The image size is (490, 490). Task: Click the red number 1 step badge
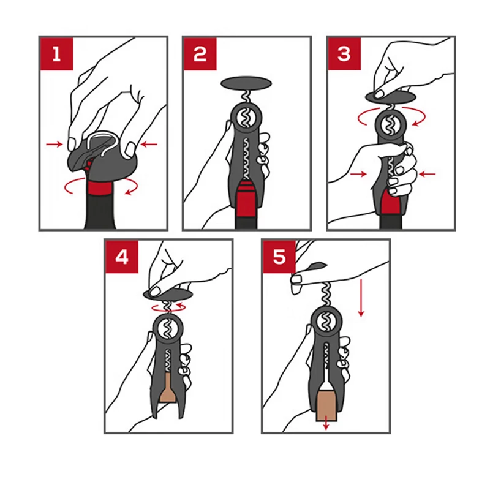click(x=56, y=54)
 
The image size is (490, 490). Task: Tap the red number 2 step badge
click(x=200, y=54)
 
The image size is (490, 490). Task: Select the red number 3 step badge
click(x=344, y=54)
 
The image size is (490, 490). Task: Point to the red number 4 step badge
click(x=122, y=257)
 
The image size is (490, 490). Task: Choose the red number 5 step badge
click(x=279, y=257)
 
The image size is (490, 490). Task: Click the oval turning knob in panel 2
click(x=246, y=83)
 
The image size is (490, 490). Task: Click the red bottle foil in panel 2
click(x=246, y=199)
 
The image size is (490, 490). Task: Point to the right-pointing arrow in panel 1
click(x=55, y=144)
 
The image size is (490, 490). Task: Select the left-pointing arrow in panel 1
click(x=149, y=144)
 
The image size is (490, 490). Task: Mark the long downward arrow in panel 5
click(x=361, y=298)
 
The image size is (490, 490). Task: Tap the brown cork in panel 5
click(x=326, y=405)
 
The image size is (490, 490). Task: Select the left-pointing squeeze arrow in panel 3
click(x=427, y=174)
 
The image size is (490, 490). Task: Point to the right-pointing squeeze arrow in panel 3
click(x=358, y=174)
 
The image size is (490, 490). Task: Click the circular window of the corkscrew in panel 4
click(x=168, y=330)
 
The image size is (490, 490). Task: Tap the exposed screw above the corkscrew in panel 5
click(x=326, y=295)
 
